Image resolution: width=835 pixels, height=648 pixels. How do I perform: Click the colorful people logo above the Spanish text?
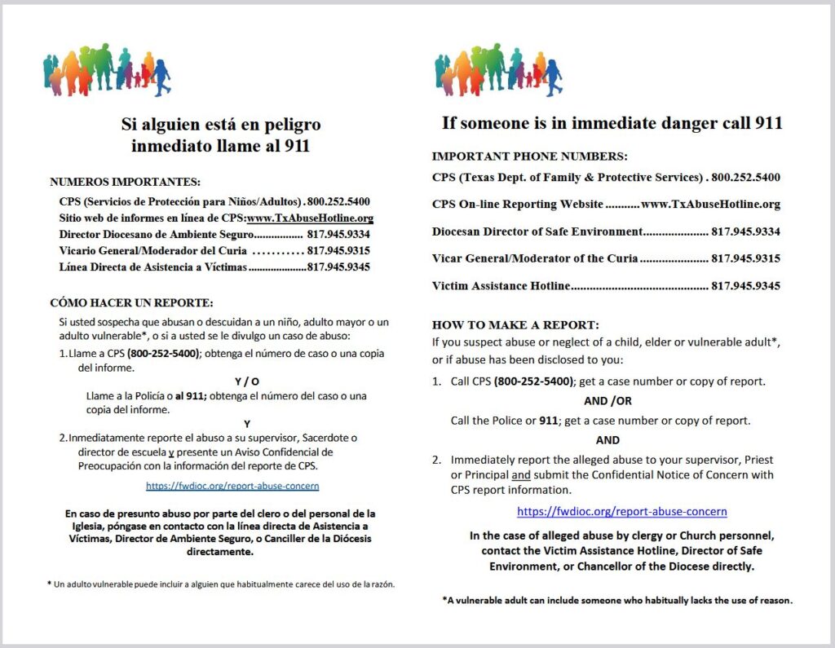(107, 70)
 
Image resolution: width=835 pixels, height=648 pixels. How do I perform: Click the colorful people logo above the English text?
(499, 70)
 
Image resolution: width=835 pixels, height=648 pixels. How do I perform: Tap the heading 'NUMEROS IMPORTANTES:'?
(125, 182)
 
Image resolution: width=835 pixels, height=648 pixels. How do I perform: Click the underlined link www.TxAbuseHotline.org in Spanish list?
(310, 218)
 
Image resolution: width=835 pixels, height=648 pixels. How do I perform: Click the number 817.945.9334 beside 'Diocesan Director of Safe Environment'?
(745, 231)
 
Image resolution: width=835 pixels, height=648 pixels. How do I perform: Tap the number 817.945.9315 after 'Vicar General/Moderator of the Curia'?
(745, 258)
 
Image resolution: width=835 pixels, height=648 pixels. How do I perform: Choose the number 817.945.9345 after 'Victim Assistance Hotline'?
(745, 286)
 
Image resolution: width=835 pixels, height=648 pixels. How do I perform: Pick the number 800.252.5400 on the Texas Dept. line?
(745, 177)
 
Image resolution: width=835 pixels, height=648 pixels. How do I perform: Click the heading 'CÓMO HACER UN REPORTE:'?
(131, 302)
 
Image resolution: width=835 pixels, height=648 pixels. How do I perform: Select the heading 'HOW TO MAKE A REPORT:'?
(515, 324)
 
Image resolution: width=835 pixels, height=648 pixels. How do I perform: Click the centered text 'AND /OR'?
(607, 401)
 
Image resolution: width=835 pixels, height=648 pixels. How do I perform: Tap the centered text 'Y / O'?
(247, 381)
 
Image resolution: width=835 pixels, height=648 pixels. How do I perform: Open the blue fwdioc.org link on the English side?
(622, 512)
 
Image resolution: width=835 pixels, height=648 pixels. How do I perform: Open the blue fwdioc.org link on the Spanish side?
(232, 486)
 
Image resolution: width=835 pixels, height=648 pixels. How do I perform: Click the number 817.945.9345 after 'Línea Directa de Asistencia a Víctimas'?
(338, 267)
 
